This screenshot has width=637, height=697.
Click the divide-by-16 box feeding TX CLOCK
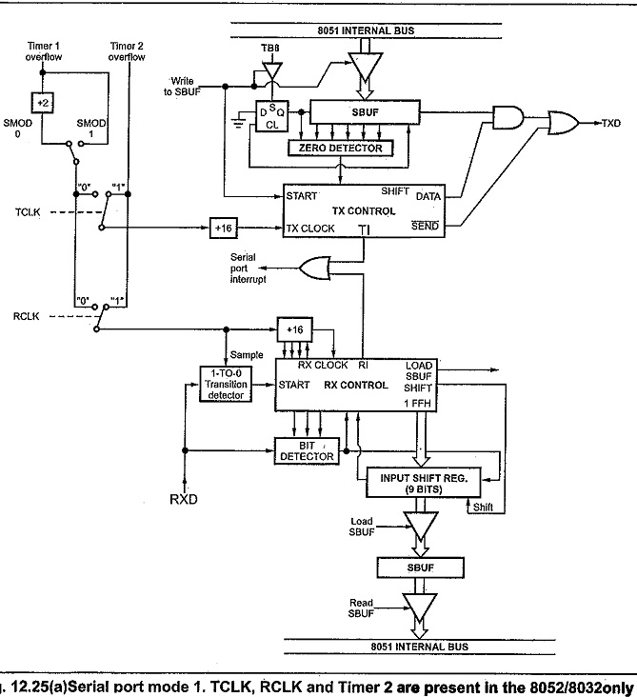[x=225, y=229]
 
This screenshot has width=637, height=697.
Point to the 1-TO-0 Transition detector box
[x=226, y=384]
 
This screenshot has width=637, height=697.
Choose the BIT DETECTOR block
[x=306, y=450]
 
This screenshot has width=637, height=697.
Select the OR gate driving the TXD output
[x=563, y=124]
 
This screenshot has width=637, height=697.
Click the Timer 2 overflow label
[x=127, y=51]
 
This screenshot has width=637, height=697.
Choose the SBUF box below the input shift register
[x=418, y=568]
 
